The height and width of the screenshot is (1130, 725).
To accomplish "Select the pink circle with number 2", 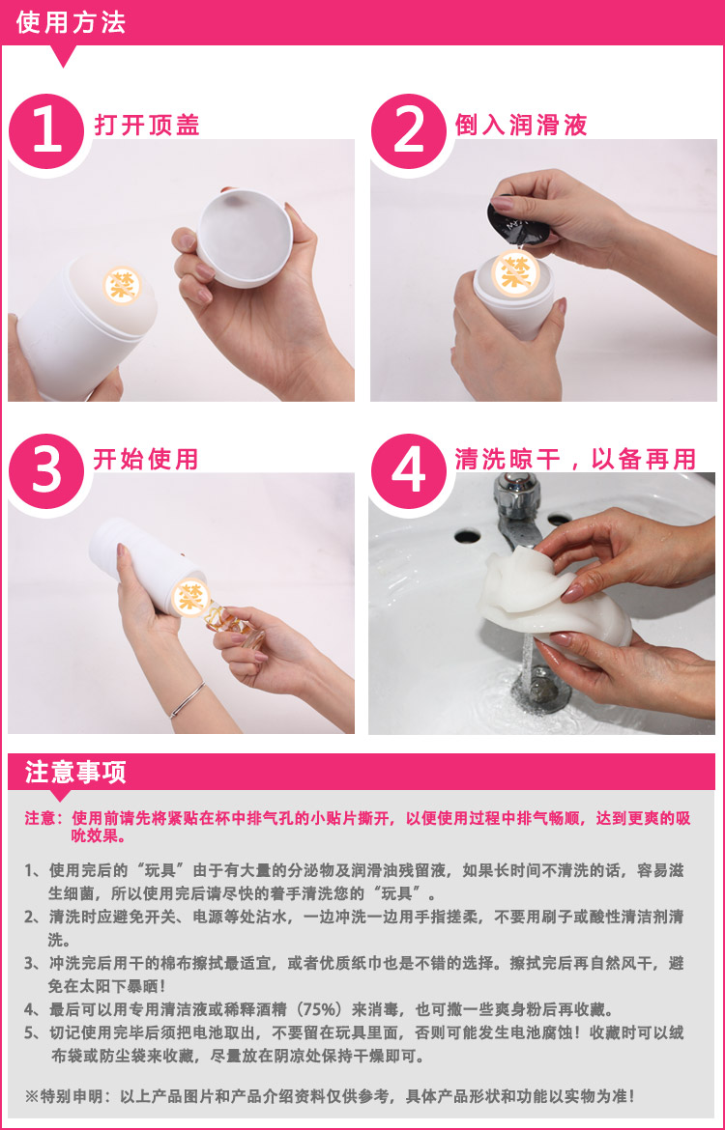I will point(410,130).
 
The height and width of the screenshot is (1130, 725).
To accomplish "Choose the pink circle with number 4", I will point(410,470).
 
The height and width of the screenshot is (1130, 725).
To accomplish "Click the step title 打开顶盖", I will point(147,126).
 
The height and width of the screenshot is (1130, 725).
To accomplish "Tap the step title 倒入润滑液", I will point(522,126).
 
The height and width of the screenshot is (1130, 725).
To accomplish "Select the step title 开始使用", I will point(146,459).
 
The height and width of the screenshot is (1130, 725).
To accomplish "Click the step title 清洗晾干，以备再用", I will point(576,459).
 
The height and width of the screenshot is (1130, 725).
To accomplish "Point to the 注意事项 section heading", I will point(76,773).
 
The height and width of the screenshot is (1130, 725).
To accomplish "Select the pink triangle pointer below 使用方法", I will point(64,57).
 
